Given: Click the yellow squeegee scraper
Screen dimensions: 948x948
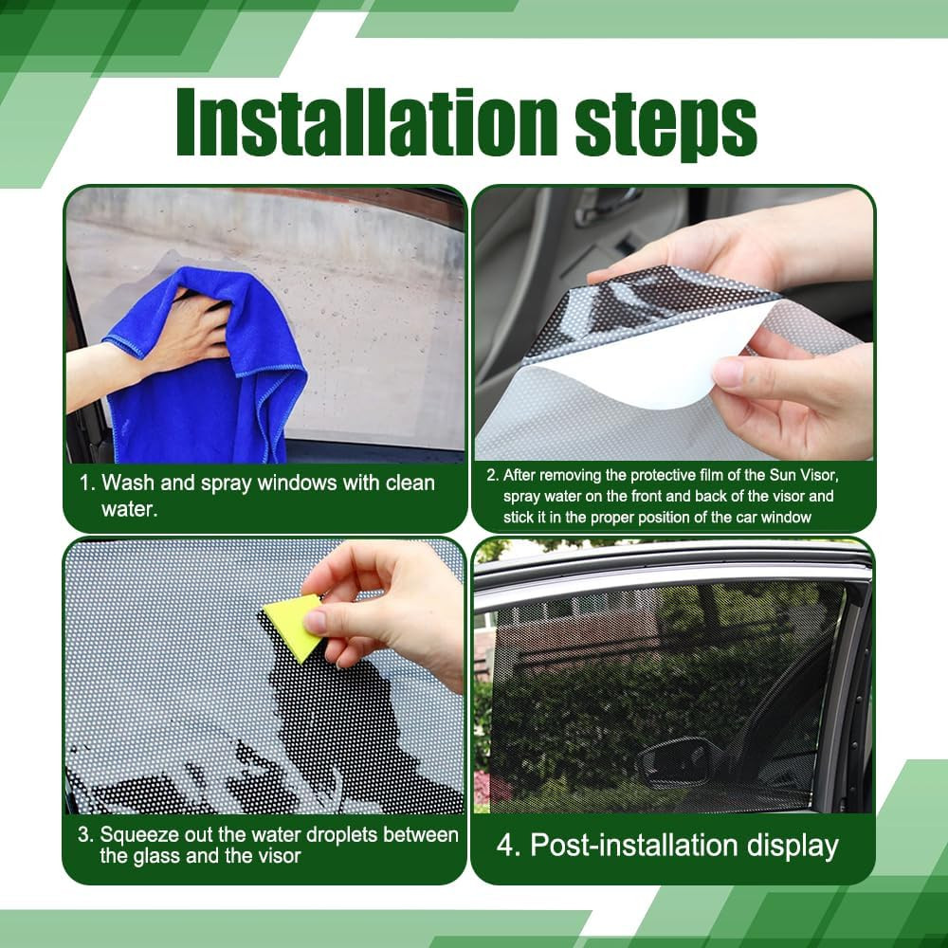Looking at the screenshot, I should (x=292, y=626).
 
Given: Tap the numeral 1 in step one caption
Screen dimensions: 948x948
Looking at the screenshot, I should (x=84, y=483).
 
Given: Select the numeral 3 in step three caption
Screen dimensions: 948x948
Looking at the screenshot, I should (x=83, y=835).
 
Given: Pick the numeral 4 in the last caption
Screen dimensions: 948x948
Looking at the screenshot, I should (x=505, y=846).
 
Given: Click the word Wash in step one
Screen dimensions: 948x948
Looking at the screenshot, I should (x=126, y=483).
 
